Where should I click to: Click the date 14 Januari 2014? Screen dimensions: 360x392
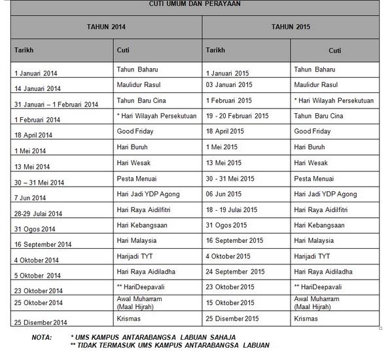click(37, 88)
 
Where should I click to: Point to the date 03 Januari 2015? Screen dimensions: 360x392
click(228, 84)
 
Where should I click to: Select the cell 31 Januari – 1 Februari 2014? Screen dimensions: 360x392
click(56, 104)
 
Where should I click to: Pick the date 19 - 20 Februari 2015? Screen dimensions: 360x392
click(237, 116)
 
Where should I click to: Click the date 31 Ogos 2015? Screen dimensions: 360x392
click(226, 226)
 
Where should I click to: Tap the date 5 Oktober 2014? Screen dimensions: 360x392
click(37, 276)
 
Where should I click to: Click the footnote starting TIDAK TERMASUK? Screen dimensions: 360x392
click(173, 345)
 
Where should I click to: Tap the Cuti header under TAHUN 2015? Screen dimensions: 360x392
click(334, 50)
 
